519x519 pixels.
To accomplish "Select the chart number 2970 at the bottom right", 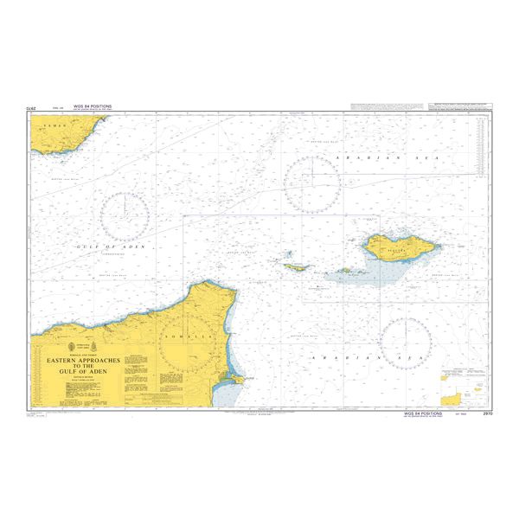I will point(487,414).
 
